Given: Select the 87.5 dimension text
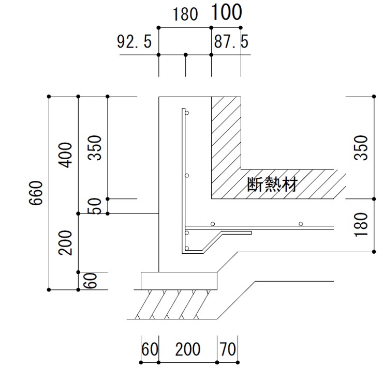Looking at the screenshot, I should (231, 42).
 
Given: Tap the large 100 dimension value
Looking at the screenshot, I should (226, 12).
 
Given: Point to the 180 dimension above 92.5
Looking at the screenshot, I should (185, 14).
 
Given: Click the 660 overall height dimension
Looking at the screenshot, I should (35, 193).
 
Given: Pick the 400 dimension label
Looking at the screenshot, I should (66, 155).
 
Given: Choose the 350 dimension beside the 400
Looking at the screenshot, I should (95, 147).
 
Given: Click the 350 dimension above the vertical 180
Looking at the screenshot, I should (363, 147).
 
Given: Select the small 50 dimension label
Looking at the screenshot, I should (95, 206).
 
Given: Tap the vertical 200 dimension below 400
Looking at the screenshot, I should (66, 242).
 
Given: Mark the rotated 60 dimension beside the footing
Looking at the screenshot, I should (90, 281).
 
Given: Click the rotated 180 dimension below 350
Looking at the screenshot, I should (363, 225).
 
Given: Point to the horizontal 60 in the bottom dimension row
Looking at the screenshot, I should (149, 349).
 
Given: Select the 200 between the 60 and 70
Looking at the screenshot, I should (187, 349).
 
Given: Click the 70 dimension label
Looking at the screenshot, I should (228, 349).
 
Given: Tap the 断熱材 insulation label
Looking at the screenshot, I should (272, 185).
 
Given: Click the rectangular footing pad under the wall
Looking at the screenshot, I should (179, 281).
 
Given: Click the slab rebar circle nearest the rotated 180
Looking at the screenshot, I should (300, 224).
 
